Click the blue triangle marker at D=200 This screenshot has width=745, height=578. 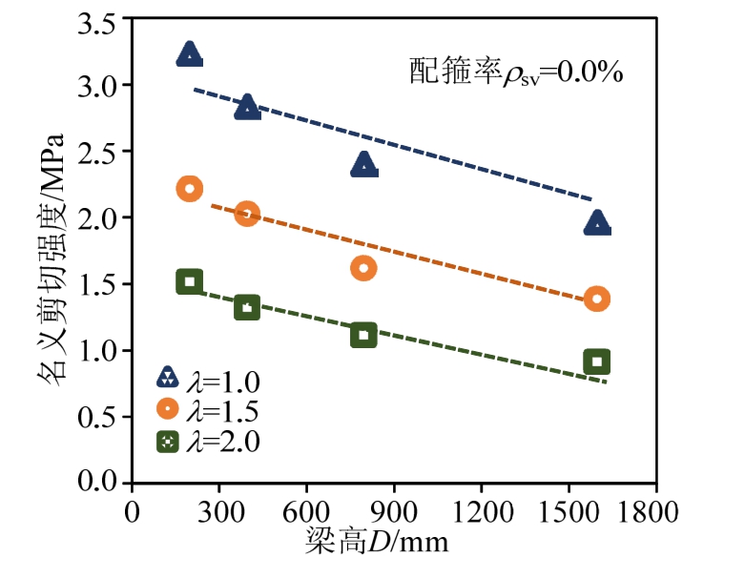189,54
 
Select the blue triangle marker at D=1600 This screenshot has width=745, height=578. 597,224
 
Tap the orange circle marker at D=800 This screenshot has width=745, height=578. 363,268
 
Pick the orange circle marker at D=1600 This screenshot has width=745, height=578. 597,299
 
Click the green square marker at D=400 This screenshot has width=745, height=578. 247,307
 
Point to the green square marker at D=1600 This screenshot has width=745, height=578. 597,361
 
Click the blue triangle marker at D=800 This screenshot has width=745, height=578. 363,166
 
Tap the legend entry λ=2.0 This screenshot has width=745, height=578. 208,441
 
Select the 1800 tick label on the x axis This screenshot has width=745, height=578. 655,507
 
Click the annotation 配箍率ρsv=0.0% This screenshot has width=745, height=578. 516,72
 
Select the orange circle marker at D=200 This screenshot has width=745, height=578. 189,189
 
